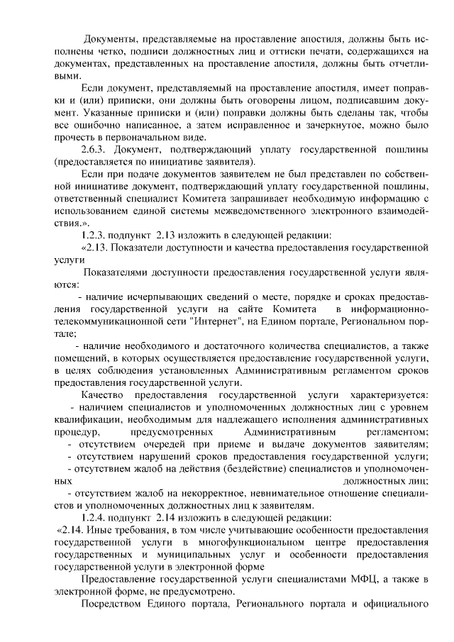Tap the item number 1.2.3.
click(96, 236)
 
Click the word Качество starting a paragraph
click(105, 394)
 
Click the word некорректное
click(209, 493)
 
